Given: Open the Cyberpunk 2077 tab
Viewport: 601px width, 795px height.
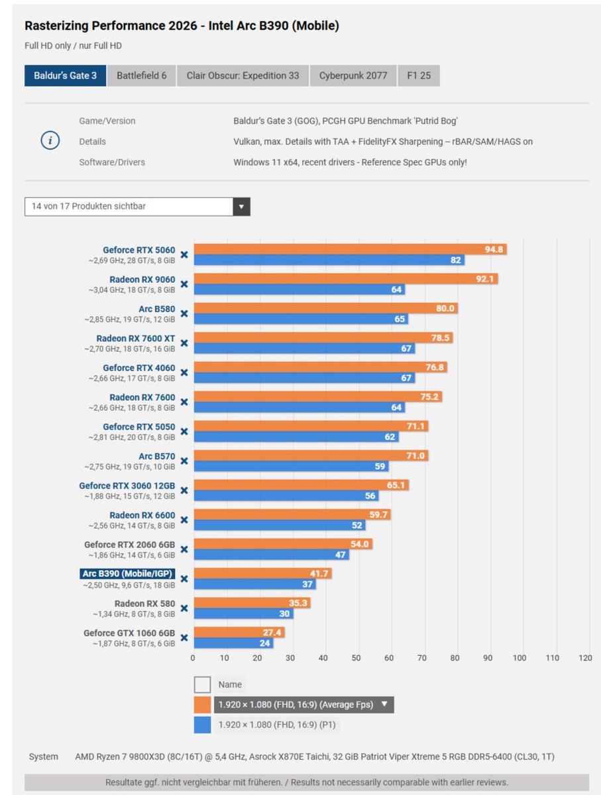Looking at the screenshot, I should coord(353,76).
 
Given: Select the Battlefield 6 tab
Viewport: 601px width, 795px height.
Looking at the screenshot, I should coord(141,76).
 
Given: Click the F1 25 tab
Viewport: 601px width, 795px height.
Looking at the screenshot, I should coord(418,76).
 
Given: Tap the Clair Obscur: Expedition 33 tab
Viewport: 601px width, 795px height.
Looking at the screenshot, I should coord(243,76).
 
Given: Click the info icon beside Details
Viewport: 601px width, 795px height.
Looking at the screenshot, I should coord(51,141).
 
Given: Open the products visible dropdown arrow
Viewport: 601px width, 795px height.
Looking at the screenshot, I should coord(241,207).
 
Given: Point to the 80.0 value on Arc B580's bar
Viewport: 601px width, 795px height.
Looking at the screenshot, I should coord(445,309).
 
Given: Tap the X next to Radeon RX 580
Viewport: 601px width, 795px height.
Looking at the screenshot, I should coord(184,608).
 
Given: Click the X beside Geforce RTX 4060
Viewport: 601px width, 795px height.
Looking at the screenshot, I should coord(184,372).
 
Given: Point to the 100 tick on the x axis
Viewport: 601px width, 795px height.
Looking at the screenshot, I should coord(519,658).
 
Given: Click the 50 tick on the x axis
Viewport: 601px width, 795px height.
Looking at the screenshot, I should coord(356,658).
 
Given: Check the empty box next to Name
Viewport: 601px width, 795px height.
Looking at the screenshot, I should coord(203,684).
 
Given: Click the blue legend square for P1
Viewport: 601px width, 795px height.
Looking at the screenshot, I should coord(203,725).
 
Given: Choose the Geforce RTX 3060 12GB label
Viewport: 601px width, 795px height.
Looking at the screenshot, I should coord(127,486).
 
